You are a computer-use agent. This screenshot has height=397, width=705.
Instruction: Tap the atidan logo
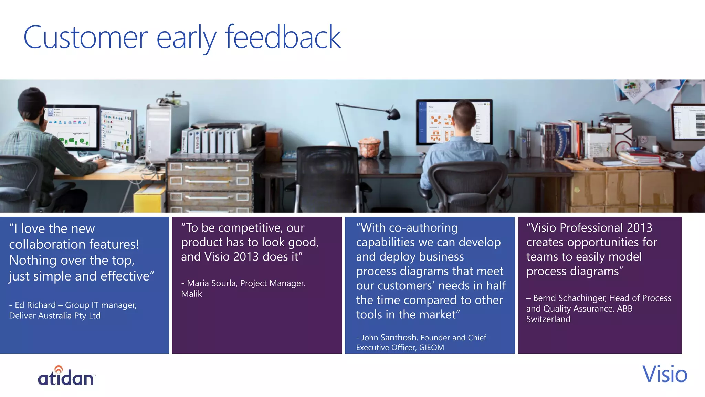click(x=66, y=376)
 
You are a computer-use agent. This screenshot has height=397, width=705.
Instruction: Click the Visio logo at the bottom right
click(x=664, y=374)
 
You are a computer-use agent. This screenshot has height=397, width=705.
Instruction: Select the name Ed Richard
click(x=35, y=305)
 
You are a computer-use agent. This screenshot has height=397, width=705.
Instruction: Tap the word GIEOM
click(x=431, y=347)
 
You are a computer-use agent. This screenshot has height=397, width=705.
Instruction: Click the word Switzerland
click(x=548, y=319)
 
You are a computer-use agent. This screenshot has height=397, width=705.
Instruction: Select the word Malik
click(x=191, y=294)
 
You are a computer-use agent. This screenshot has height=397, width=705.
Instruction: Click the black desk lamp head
click(x=393, y=113)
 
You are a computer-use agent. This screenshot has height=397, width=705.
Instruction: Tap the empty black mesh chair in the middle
click(x=327, y=176)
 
